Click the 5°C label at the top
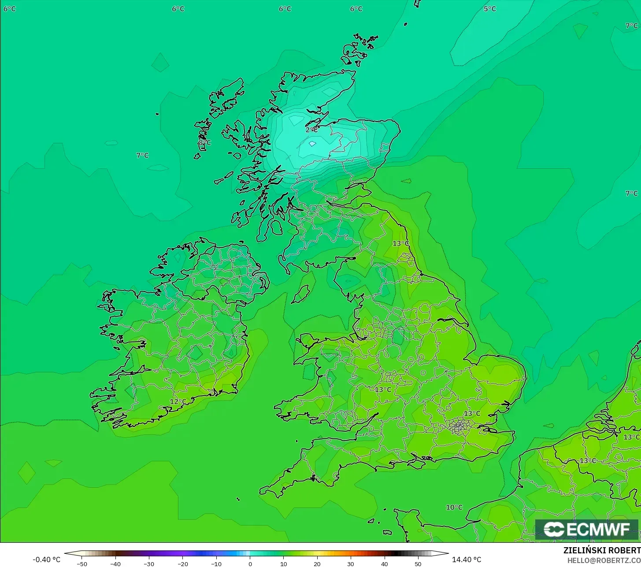[x=489, y=9]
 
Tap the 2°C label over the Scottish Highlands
[x=311, y=130]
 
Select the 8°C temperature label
[x=204, y=143]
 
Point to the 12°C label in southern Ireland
[x=178, y=402]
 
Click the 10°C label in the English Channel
[x=454, y=508]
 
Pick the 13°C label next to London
[x=472, y=414]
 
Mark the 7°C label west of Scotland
[x=142, y=156]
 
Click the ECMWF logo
[x=587, y=530]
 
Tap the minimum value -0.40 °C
[x=47, y=560]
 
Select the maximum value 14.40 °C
[x=467, y=560]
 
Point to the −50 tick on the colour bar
[x=82, y=564]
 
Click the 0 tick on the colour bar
[x=250, y=564]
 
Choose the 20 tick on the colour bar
[x=317, y=564]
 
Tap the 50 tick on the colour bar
[x=418, y=564]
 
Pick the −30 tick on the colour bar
[x=149, y=564]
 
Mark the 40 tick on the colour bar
[x=384, y=564]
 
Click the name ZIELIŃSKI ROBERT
[x=602, y=551]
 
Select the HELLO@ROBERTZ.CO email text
[x=604, y=560]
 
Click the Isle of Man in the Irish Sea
[x=301, y=294]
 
